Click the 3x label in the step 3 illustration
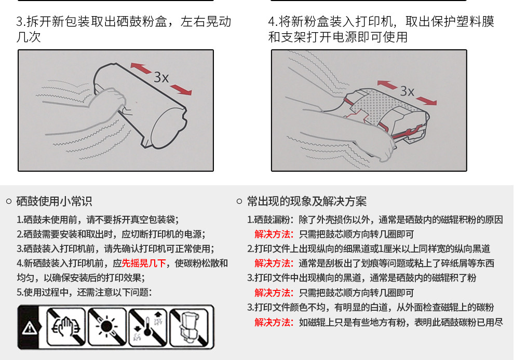point(161,78)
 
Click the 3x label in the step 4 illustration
point(407,91)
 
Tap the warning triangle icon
point(30,327)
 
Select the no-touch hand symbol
point(66,327)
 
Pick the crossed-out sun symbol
point(107,327)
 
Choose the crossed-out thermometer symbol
point(148,327)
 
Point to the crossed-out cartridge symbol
point(189,327)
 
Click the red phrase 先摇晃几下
point(144,263)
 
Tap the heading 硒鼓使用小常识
point(54,201)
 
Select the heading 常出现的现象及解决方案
point(307,201)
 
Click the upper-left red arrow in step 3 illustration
point(141,68)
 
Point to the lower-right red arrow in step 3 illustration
point(181,89)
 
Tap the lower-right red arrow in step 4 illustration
point(426,101)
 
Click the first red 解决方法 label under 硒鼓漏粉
point(274,234)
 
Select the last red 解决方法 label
point(274,322)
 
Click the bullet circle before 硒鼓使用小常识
point(9,201)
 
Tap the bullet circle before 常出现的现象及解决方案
point(240,201)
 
